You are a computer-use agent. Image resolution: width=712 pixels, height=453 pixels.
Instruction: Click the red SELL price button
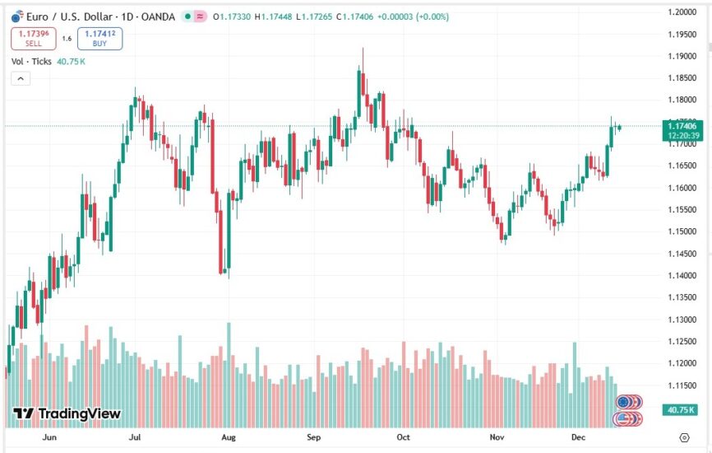(34, 39)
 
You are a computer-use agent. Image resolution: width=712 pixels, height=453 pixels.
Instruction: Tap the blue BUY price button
(99, 39)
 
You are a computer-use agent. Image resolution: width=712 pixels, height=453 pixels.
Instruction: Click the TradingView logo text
(68, 413)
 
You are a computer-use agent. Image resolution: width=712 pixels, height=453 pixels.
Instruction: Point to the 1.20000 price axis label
(683, 12)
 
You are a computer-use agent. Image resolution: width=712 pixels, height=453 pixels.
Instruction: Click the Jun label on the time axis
(51, 437)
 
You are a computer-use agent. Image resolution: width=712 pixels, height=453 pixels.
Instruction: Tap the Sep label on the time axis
(312, 437)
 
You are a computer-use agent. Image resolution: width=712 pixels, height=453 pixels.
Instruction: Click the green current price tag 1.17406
(683, 126)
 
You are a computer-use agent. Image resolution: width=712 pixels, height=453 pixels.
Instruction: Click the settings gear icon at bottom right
(684, 437)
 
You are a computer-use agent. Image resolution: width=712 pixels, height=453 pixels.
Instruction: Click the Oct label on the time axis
(403, 437)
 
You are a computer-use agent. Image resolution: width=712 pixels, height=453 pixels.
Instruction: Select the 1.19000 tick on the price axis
(683, 56)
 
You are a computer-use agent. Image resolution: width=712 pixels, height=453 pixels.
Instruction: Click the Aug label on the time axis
(229, 437)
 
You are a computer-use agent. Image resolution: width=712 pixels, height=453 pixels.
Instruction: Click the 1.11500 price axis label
(683, 385)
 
